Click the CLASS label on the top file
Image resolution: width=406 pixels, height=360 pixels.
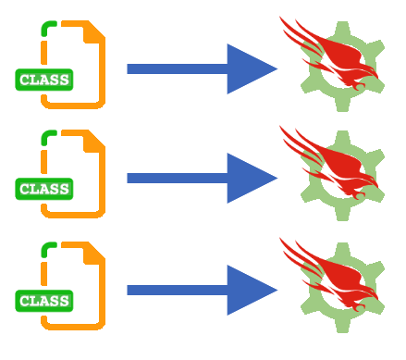pyautogui.click(x=44, y=80)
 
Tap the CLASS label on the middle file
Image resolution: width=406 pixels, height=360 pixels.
pyautogui.click(x=44, y=189)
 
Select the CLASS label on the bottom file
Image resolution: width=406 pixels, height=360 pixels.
pyautogui.click(x=44, y=301)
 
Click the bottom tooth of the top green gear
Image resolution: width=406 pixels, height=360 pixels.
pyautogui.click(x=342, y=105)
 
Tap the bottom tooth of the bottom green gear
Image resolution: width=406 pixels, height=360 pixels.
pyautogui.click(x=342, y=326)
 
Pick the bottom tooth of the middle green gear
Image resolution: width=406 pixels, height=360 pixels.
pyautogui.click(x=342, y=214)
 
